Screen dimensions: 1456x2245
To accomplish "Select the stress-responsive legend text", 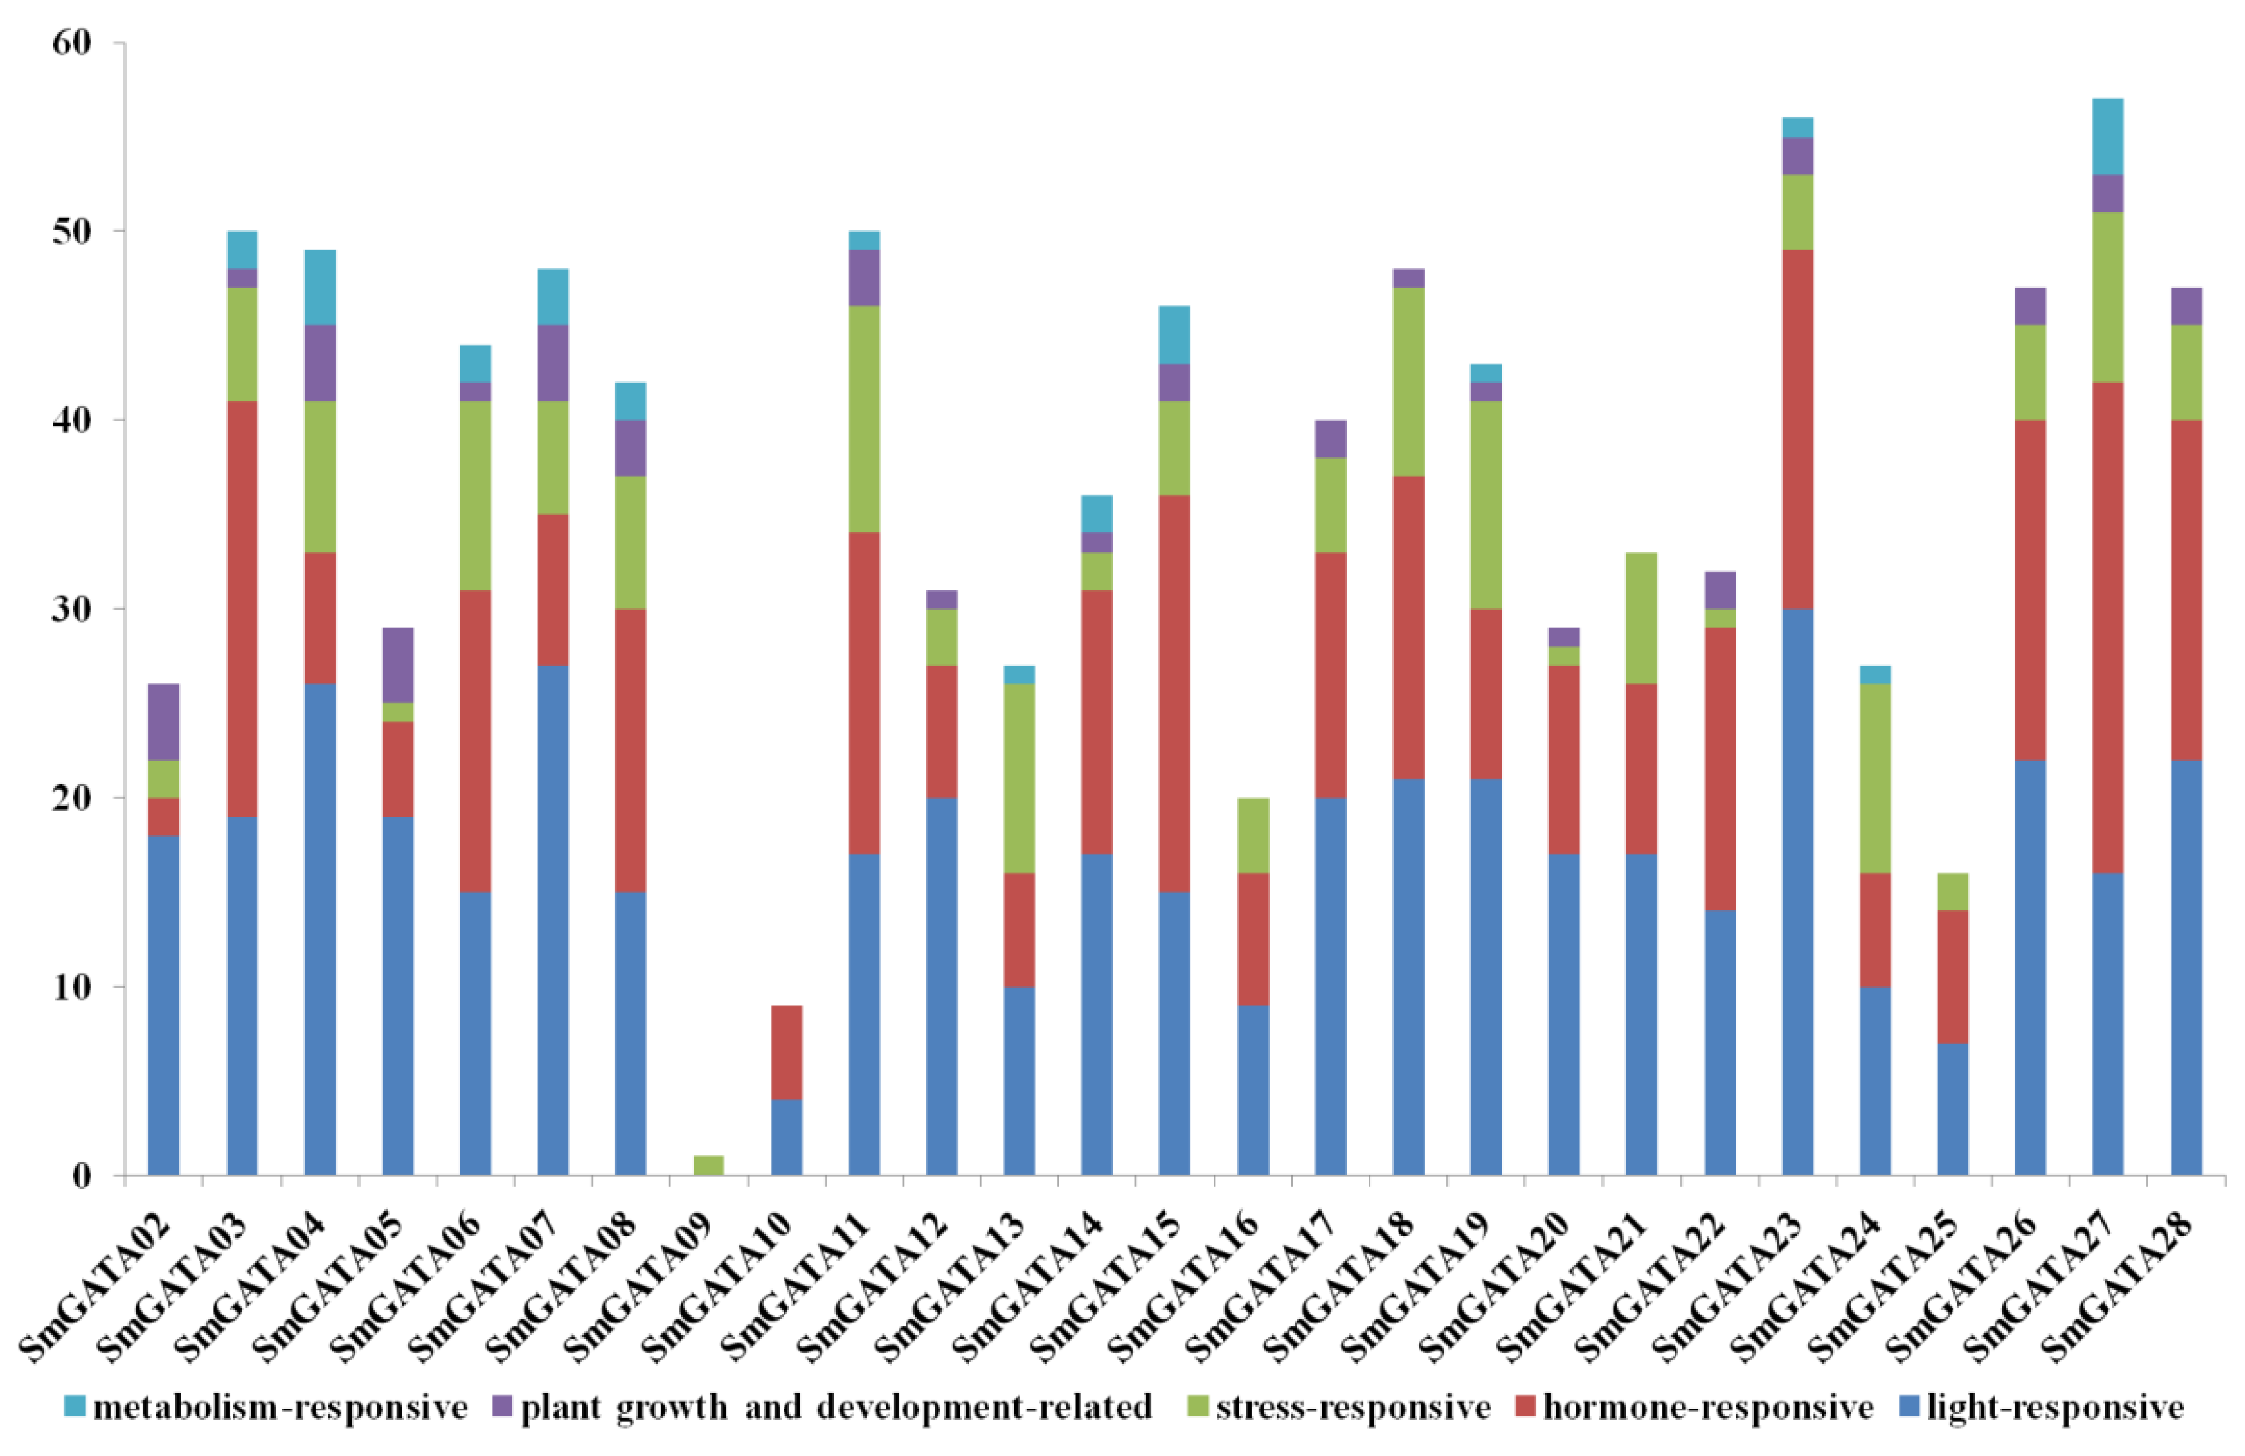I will click(x=1353, y=1407).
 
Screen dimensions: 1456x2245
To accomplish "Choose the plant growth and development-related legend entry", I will click(x=822, y=1407).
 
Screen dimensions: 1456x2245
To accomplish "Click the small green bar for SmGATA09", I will click(x=708, y=1165).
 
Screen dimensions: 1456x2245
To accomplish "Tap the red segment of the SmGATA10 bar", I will click(x=787, y=1052).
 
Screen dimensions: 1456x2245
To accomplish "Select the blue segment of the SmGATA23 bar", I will click(x=1797, y=892).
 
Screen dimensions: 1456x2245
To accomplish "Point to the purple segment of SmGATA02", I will click(x=164, y=722).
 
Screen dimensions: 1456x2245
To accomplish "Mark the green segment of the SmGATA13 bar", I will click(x=1019, y=778).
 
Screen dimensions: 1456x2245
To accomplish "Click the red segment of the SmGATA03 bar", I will click(x=241, y=609).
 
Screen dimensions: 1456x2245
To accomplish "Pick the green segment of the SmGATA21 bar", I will click(x=1642, y=618).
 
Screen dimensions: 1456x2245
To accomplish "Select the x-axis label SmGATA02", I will click(x=98, y=1288).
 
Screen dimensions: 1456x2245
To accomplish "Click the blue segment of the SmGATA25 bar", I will click(x=1953, y=1109).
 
